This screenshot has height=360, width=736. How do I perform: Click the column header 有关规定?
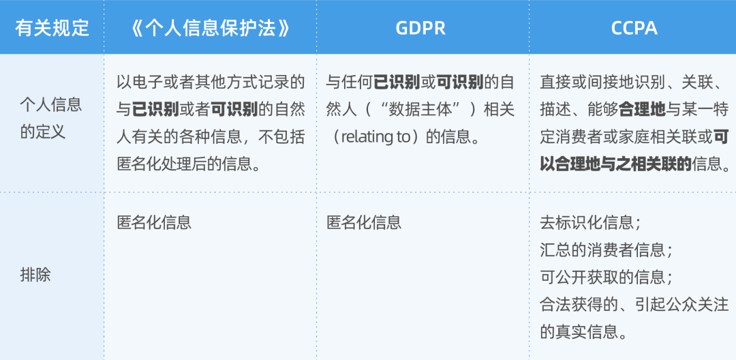52,28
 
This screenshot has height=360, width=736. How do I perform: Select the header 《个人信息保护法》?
211,28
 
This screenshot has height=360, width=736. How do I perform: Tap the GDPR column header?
420,28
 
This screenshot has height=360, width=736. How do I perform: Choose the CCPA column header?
634,28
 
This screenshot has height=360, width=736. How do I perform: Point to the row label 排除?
35,276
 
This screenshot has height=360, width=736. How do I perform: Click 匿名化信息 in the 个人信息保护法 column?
154,222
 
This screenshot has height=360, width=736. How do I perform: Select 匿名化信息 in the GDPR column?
364,222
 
